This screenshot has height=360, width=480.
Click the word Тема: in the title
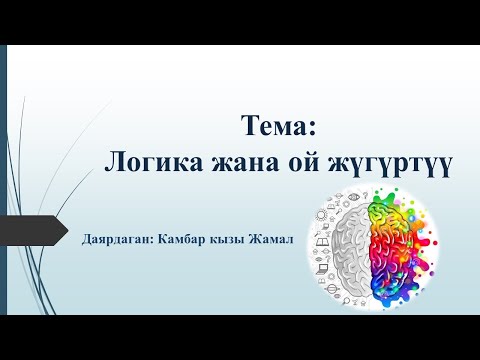tap(278, 128)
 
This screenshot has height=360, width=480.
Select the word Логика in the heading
tap(150, 163)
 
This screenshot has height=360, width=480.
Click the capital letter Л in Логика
tap(114, 163)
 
